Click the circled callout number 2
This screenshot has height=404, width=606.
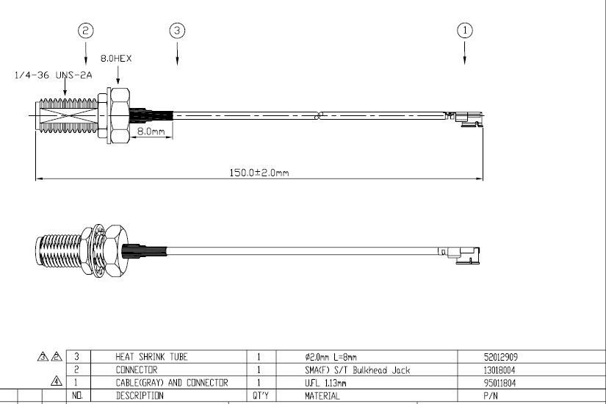tap(86, 30)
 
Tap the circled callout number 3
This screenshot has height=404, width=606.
tap(178, 30)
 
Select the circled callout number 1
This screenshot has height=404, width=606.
tap(464, 30)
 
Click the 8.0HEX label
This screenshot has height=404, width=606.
tap(116, 58)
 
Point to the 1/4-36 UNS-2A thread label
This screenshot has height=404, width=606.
tap(54, 75)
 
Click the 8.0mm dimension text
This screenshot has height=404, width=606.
tap(151, 131)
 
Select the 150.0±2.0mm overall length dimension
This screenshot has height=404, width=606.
tap(259, 173)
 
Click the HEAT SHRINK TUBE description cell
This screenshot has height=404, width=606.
tap(151, 356)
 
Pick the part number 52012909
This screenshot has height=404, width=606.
tap(500, 357)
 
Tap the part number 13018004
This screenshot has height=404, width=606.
tap(499, 370)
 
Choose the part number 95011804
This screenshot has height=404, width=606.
tap(499, 383)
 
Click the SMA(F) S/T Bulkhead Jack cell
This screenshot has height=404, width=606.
tap(358, 370)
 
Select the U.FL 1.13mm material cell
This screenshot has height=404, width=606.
tap(325, 383)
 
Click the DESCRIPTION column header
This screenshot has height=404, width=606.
tap(140, 396)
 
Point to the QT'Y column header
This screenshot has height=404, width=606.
tap(261, 396)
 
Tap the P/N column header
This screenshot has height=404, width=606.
tap(491, 396)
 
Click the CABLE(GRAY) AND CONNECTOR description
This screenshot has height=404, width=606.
tap(172, 383)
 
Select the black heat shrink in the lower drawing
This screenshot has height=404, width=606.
tap(144, 250)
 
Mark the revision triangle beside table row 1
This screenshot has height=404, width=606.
tap(57, 381)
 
